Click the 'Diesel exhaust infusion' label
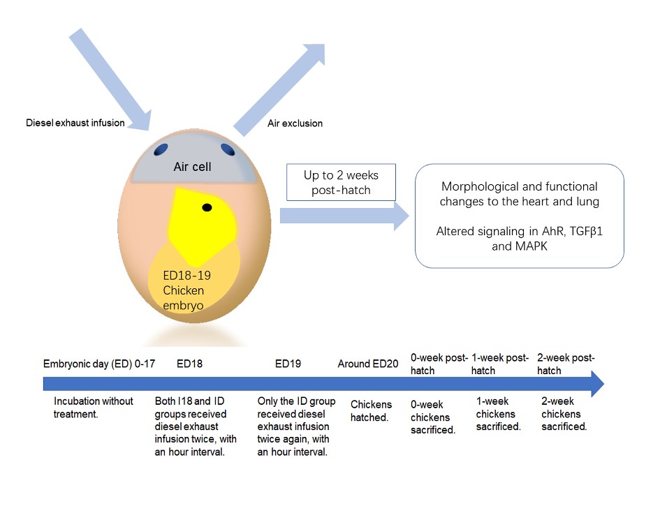[x=75, y=123]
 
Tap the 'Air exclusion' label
[x=295, y=124]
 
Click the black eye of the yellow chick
[x=207, y=207]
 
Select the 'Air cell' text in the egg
[x=192, y=167]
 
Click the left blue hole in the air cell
[x=161, y=149]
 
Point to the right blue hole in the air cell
[x=228, y=149]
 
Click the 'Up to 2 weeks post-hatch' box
[x=341, y=182]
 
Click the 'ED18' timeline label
[x=189, y=364]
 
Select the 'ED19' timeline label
[x=288, y=364]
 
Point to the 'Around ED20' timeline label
[x=368, y=364]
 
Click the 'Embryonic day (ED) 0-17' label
[x=99, y=364]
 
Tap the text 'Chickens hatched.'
[x=371, y=411]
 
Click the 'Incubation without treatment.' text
[x=94, y=408]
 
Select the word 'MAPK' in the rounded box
[x=520, y=246]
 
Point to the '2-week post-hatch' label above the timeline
[x=566, y=364]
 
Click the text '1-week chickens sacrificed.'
[x=499, y=414]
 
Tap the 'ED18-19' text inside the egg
[x=187, y=276]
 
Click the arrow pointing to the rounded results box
[x=344, y=216]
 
